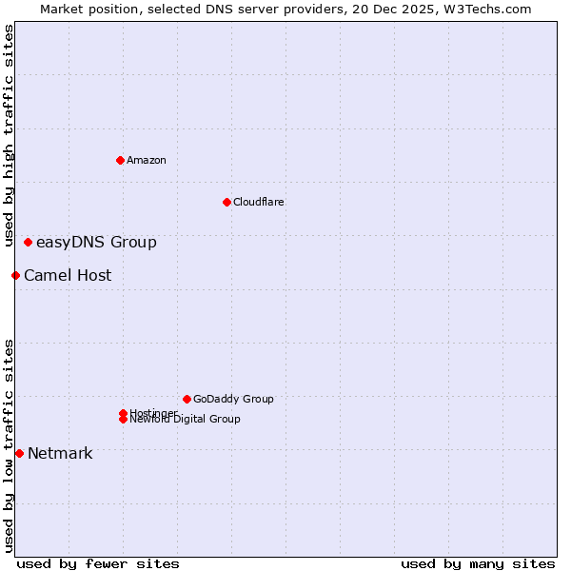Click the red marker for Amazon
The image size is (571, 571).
[120, 160]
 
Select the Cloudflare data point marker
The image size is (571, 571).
[226, 202]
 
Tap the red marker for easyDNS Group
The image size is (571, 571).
[29, 242]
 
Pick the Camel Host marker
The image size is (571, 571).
[16, 275]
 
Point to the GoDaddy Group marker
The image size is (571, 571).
[187, 399]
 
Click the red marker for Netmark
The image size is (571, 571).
[19, 453]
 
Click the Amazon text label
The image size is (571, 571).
[147, 160]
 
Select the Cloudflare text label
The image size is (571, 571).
[259, 202]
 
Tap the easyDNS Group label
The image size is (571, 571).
[96, 242]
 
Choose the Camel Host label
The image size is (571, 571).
[68, 275]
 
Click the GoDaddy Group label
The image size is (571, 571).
[233, 399]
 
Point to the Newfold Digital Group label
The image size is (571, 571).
[186, 420]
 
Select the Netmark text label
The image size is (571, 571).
[60, 453]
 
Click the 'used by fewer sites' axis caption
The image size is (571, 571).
[98, 563]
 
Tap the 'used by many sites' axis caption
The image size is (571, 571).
[478, 563]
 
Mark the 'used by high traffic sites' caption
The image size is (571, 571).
[10, 135]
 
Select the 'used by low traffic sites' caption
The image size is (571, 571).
[10, 445]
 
